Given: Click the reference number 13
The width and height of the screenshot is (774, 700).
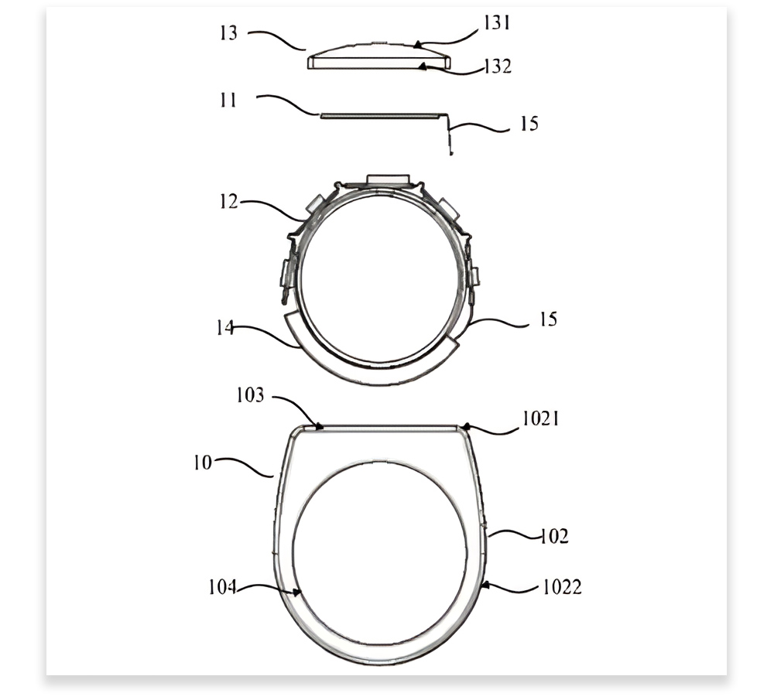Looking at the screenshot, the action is coord(228,33).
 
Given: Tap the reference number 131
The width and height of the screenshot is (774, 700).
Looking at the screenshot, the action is coord(496,22).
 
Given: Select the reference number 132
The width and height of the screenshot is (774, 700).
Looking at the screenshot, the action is coord(498,66).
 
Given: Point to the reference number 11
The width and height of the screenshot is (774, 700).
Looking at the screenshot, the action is coord(228,100).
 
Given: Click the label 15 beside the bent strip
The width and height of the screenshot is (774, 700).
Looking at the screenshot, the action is coord(529,123).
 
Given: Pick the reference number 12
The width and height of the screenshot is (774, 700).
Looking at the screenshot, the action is coord(228,201).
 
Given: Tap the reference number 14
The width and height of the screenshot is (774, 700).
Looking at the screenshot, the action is coord(225,327).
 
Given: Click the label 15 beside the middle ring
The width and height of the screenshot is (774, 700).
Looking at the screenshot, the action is coord(548,319).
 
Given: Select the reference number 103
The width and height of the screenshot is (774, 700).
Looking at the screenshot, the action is coord(250,395).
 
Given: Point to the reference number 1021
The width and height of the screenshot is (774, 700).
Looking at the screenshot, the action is coord(541,418).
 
